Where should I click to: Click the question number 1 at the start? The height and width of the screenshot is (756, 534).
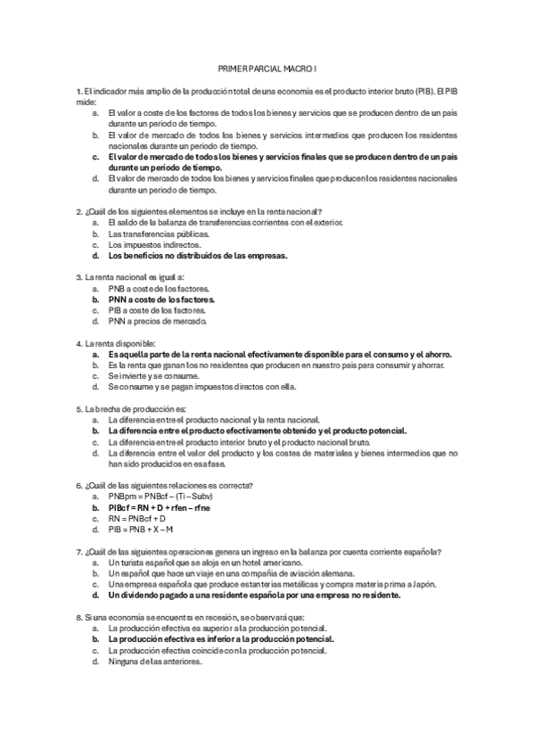click(x=79, y=91)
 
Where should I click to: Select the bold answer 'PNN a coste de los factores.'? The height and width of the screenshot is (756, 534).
click(x=161, y=300)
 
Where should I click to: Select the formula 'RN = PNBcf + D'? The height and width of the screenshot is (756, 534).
click(x=142, y=517)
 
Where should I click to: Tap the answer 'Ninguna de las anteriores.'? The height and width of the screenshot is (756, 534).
click(x=154, y=661)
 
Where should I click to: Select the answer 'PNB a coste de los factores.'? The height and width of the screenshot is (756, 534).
click(x=159, y=289)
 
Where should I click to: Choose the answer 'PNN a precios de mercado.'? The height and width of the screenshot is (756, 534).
click(x=157, y=321)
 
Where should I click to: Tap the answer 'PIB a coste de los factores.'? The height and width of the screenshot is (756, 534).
click(x=157, y=310)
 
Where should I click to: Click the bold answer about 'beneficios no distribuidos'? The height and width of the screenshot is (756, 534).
click(x=197, y=256)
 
